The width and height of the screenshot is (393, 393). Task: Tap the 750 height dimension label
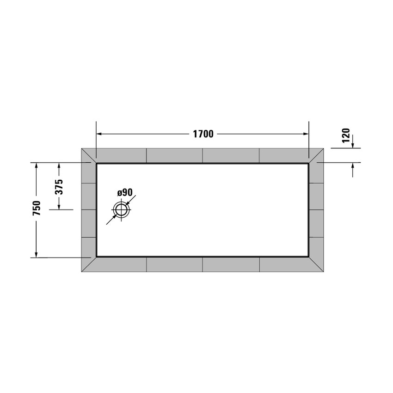(37, 209)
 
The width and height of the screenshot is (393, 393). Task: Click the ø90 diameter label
(125, 192)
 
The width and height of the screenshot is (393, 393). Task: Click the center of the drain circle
(122, 210)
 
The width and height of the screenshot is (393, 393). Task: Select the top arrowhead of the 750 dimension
(37, 166)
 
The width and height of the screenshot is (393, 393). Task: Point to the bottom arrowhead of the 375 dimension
(59, 206)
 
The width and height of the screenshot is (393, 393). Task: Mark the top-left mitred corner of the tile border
(89, 156)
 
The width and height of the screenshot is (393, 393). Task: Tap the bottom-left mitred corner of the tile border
(89, 264)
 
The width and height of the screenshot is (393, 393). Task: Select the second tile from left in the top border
(174, 155)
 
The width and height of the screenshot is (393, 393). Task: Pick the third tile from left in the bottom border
(231, 264)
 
